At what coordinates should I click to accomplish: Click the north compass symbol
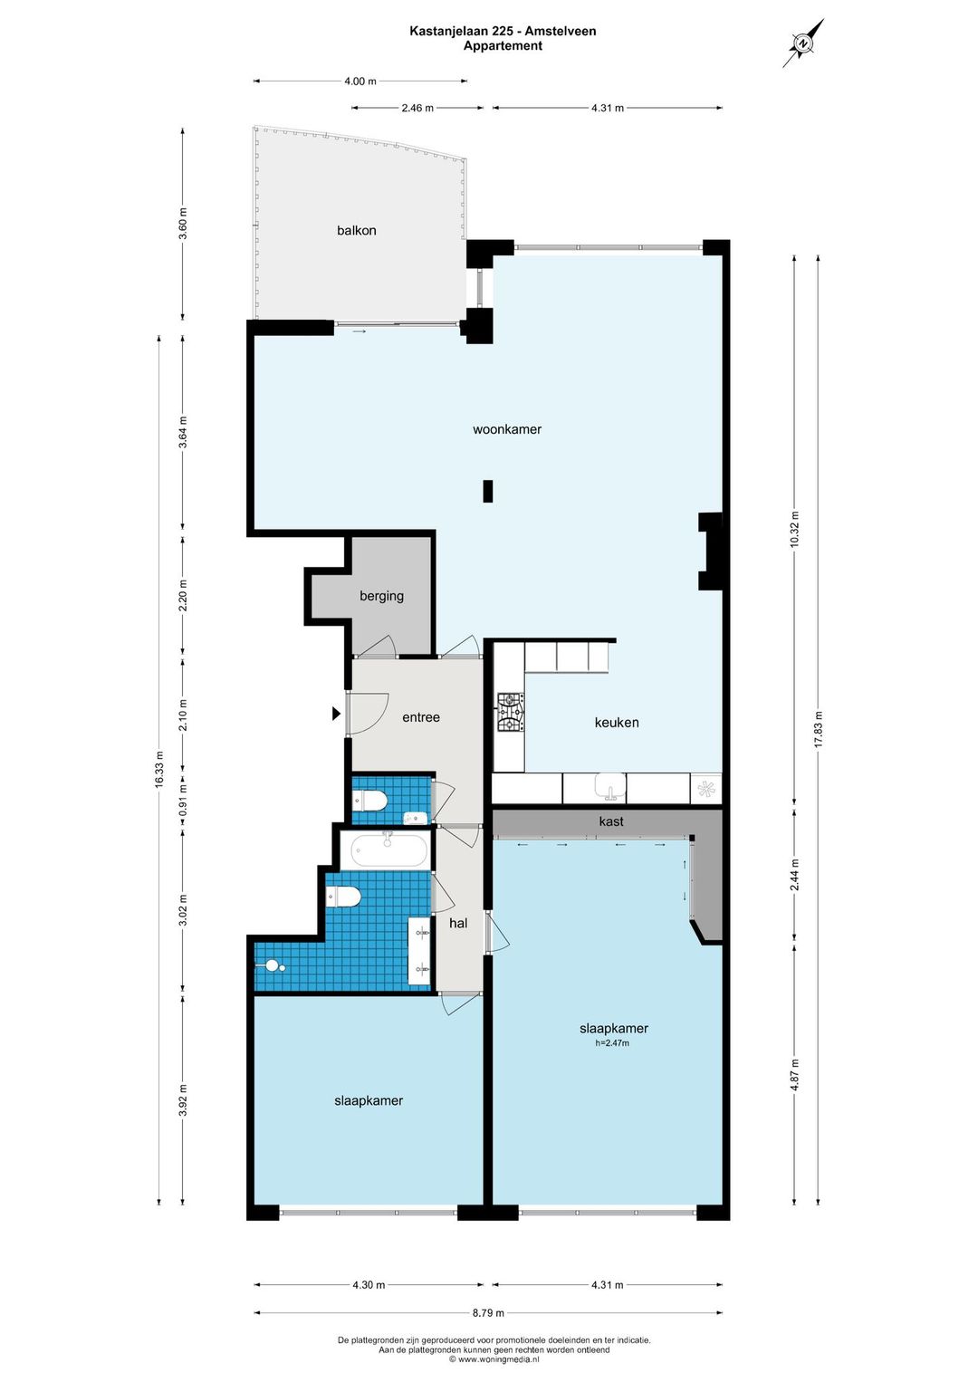tap(803, 43)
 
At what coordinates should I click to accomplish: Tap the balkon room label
tap(356, 231)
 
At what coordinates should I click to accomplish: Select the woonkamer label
tap(506, 429)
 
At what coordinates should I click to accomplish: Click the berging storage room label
tap(381, 596)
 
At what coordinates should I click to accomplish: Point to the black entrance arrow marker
tap(336, 714)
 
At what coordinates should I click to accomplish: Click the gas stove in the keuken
tap(512, 713)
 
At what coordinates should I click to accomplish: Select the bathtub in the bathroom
tap(388, 850)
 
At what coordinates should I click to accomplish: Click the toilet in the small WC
tap(370, 801)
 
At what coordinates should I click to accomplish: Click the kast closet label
tap(611, 821)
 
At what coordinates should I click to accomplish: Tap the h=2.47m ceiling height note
tap(612, 1043)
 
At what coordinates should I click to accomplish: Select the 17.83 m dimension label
tap(819, 730)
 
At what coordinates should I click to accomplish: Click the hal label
tap(458, 924)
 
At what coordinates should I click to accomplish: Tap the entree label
tap(421, 717)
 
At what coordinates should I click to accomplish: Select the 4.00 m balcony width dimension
tap(360, 81)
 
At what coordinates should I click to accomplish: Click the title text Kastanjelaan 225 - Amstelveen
tap(503, 31)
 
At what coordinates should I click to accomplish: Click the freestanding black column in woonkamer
tap(488, 491)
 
